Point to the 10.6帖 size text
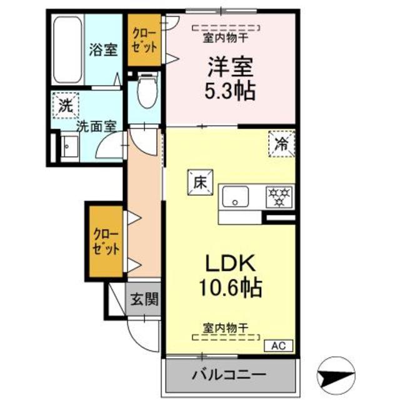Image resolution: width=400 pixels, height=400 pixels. pyautogui.click(x=228, y=288)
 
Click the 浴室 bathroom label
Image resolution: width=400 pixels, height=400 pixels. pyautogui.click(x=103, y=50)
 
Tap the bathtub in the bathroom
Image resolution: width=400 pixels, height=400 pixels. pyautogui.click(x=67, y=47)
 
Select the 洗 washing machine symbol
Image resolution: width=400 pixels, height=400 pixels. pyautogui.click(x=66, y=105)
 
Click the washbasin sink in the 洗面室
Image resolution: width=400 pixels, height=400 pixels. pyautogui.click(x=67, y=147)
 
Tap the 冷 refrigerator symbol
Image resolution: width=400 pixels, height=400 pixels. pyautogui.click(x=282, y=143)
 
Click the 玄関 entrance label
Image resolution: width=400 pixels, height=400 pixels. pyautogui.click(x=144, y=299)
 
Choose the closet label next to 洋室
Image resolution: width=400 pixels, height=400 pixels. pyautogui.click(x=144, y=38)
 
